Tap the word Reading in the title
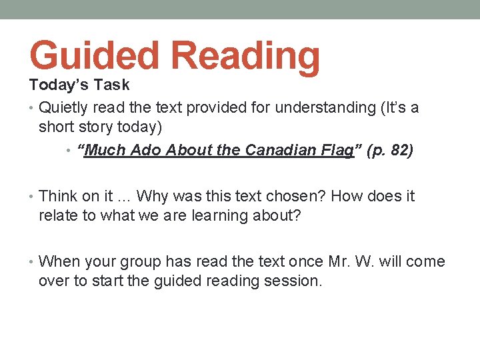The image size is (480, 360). tap(247, 56)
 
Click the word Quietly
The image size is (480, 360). tap(66, 107)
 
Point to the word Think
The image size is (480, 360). tap(59, 196)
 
